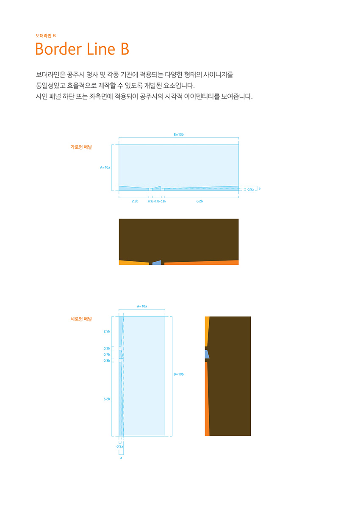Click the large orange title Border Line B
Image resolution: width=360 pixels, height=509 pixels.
(x=82, y=49)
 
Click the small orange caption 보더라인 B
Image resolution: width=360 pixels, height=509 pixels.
(x=46, y=35)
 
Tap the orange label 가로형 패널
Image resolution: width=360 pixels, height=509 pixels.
(x=81, y=147)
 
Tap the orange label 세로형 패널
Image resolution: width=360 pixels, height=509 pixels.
(x=81, y=319)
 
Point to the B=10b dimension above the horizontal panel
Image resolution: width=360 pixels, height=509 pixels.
(x=178, y=134)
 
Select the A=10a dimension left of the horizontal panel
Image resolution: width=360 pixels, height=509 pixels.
(x=105, y=167)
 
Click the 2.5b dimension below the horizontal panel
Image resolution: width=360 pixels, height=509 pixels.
(x=135, y=201)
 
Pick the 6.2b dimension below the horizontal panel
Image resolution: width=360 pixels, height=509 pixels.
(x=200, y=201)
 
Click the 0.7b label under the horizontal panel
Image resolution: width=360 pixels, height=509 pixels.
(x=157, y=201)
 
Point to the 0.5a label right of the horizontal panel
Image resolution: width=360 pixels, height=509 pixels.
(x=251, y=189)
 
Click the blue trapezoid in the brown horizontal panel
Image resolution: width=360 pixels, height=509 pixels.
(x=157, y=263)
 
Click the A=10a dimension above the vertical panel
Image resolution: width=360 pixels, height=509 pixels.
(x=142, y=306)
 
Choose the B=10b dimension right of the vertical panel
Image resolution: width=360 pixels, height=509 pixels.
(x=178, y=374)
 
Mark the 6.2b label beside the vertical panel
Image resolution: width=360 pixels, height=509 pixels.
(x=107, y=399)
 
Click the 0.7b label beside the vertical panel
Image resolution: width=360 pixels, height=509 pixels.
(x=107, y=354)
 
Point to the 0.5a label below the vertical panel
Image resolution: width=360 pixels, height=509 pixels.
(x=120, y=446)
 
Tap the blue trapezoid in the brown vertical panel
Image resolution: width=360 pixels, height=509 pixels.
(x=207, y=354)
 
